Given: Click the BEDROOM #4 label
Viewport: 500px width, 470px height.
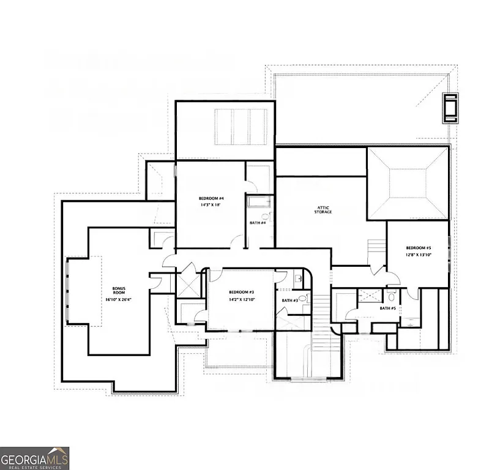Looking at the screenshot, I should (x=211, y=199).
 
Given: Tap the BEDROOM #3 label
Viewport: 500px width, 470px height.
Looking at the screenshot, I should (x=241, y=292).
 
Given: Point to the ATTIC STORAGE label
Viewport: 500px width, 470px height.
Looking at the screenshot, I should (x=324, y=209).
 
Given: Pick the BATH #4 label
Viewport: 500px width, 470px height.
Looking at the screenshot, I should (x=257, y=223).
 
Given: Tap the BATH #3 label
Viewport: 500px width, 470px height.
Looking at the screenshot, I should (x=289, y=300).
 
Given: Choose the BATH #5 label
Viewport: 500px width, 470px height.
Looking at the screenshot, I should (x=387, y=308).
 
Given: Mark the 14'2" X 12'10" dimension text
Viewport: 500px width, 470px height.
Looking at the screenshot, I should (x=241, y=300).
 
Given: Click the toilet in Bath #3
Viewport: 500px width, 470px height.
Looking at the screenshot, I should (x=301, y=299).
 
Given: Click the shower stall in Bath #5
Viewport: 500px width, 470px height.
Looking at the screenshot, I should (x=368, y=295).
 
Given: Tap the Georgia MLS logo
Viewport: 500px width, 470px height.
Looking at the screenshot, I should (x=35, y=458).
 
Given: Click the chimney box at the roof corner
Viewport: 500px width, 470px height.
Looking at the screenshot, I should (x=452, y=109).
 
